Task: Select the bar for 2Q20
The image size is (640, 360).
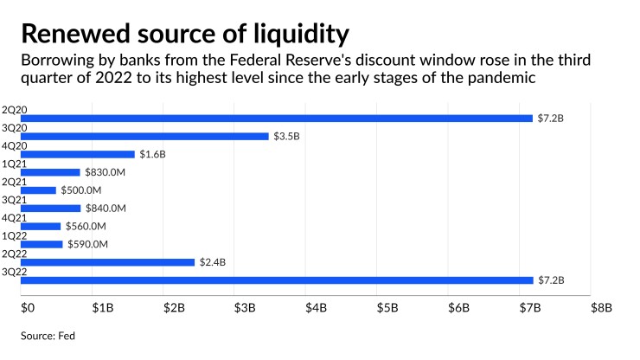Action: click(x=277, y=118)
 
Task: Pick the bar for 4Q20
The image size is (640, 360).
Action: click(x=77, y=154)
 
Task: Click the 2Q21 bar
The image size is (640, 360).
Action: click(x=38, y=190)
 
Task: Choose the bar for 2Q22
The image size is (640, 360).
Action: click(x=107, y=262)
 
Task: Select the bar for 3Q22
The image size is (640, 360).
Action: click(x=277, y=280)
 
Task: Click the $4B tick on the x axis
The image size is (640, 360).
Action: click(x=317, y=306)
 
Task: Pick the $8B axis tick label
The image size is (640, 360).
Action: click(x=600, y=306)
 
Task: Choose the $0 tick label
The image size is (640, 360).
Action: click(x=27, y=306)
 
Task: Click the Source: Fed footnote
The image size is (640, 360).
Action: click(x=48, y=333)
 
